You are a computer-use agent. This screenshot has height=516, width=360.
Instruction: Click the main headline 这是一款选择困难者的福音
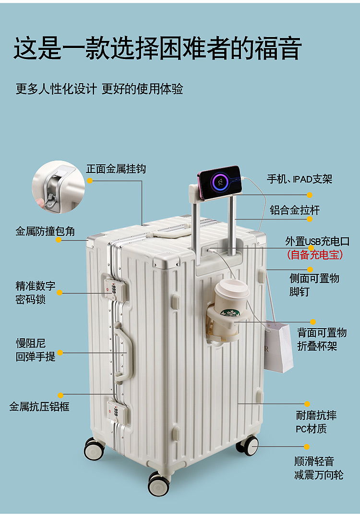157,49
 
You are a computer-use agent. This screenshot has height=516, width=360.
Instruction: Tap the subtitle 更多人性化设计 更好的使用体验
99,89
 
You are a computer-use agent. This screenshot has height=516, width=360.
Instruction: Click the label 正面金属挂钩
116,169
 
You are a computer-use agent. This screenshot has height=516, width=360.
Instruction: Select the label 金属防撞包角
45,231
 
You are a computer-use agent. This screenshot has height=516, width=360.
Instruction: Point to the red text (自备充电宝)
315,255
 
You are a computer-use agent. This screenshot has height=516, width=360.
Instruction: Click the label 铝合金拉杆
294,210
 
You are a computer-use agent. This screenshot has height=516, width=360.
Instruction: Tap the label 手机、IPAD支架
300,179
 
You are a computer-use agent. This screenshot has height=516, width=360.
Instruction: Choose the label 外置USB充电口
317,241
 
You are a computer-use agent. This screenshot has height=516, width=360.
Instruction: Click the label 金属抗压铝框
39,406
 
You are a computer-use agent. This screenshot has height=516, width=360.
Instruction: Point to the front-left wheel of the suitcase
94,449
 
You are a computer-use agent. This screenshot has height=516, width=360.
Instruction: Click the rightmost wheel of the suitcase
248,445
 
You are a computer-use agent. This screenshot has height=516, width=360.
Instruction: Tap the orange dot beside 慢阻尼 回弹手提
60,352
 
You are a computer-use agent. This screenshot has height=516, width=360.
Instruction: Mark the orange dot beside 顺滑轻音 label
307,446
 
